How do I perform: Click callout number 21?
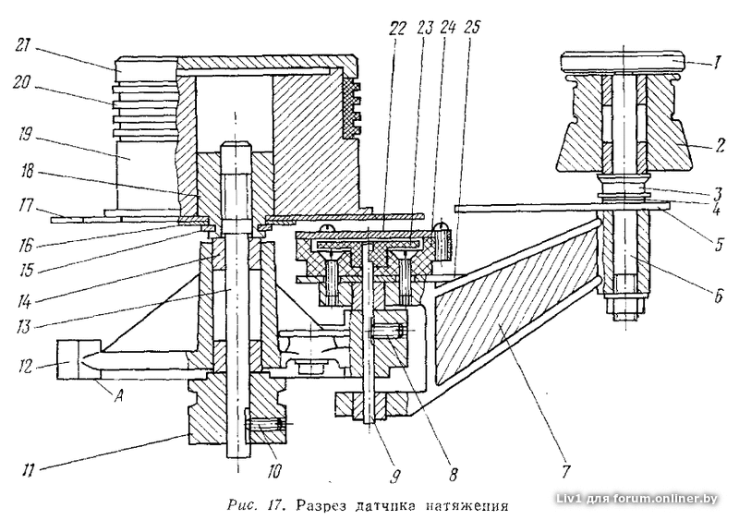pos(22,46)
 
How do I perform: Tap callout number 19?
pos(23,136)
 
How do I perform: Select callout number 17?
pos(22,206)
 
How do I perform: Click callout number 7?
pos(565,471)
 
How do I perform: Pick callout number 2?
pos(720,145)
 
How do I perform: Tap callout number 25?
pos(471,28)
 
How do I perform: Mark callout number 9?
pos(395,477)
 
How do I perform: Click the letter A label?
pos(120,397)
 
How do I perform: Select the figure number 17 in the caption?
pos(273,506)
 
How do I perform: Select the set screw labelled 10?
pos(265,424)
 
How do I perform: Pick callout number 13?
pos(22,324)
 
